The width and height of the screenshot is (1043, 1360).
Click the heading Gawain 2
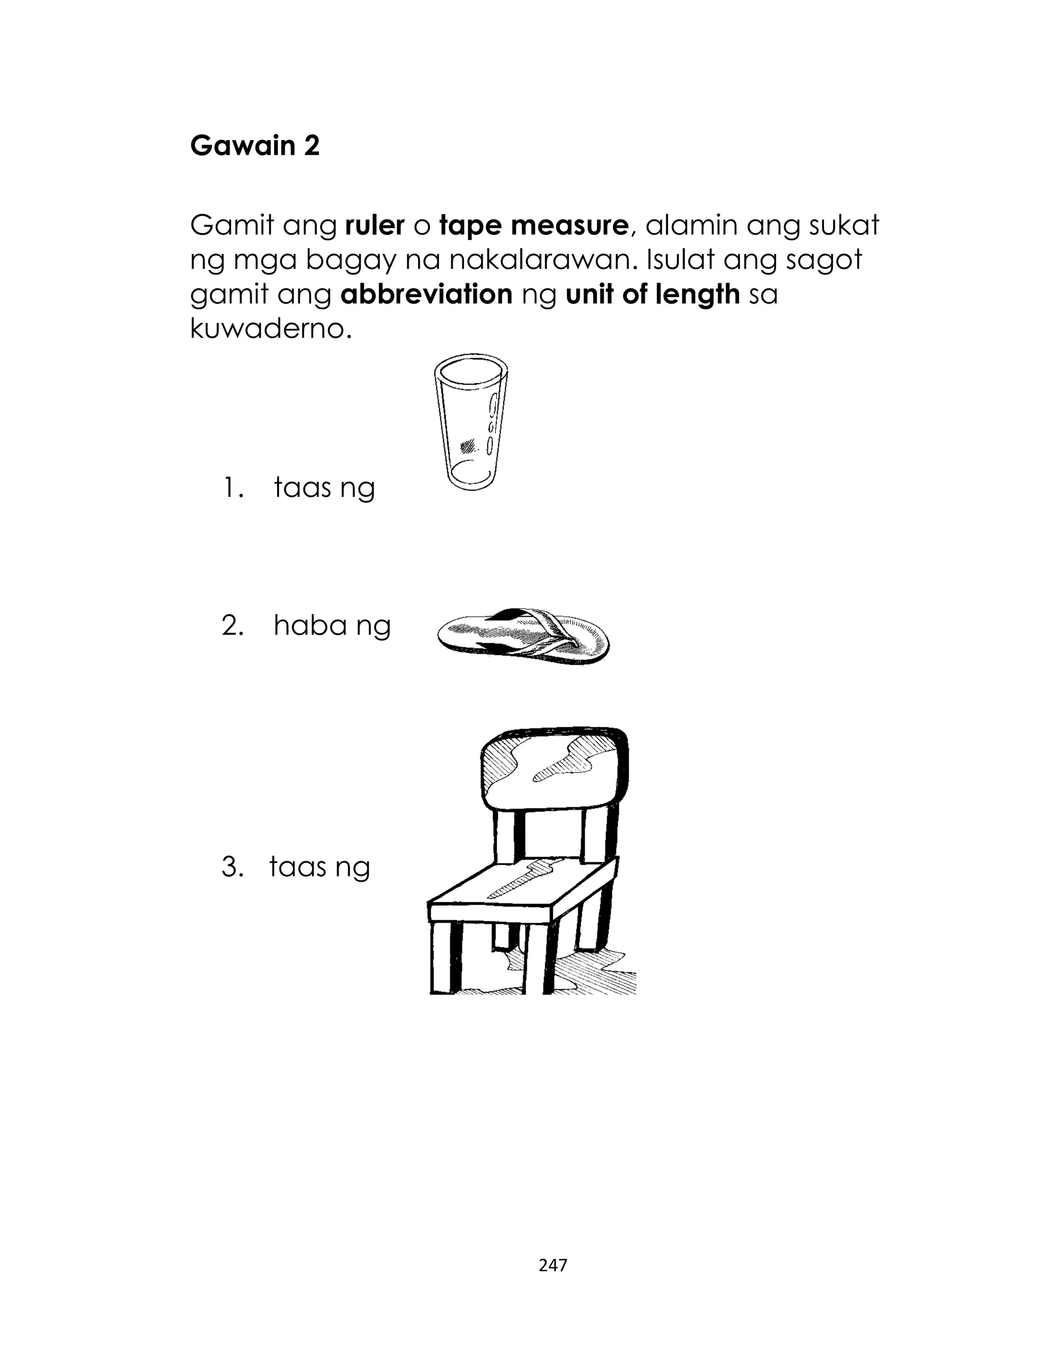255,146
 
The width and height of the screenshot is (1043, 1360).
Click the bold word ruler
374,225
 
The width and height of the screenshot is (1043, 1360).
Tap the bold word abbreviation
426,295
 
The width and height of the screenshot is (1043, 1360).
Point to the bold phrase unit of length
652,295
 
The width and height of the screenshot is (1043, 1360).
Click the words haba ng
332,626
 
